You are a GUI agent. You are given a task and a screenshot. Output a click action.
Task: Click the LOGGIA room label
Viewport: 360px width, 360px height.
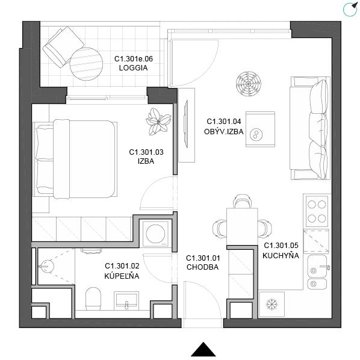pos(133,68)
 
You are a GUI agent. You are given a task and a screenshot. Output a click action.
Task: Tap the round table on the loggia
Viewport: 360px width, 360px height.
pos(86,64)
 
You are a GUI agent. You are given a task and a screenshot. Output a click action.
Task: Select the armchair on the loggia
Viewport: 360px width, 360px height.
pos(63,47)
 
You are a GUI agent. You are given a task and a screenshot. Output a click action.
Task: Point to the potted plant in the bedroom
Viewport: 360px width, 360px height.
pos(158,122)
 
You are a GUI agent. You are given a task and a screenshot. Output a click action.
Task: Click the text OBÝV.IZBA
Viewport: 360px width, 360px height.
pos(223,132)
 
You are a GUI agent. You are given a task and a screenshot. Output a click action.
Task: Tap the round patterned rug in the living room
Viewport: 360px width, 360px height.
pos(249,84)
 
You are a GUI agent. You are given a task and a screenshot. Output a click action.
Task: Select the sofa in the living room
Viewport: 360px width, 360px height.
pos(310,128)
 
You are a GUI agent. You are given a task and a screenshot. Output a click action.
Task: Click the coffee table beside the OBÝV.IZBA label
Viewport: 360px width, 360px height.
pos(260,129)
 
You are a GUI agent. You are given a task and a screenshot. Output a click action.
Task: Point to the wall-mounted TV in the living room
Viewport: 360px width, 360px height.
pos(186,124)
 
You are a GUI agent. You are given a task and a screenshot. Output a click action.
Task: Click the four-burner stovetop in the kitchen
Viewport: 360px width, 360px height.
pos(317,211)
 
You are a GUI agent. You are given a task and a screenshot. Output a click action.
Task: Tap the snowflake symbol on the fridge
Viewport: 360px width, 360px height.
pos(272,305)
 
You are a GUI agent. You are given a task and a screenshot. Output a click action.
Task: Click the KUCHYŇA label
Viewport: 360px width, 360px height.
pos(281,255)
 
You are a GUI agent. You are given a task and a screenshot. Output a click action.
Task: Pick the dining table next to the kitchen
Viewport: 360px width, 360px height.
pos(242,226)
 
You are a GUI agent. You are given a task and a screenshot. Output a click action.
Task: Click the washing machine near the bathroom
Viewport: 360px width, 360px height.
pos(155,234)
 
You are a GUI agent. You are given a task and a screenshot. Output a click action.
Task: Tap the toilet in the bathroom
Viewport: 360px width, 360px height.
pos(93,299)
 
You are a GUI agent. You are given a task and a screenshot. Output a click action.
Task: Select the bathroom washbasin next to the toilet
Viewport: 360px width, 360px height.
pos(126,300)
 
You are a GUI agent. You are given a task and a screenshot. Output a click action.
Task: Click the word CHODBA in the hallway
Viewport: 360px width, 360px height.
pos(202,267)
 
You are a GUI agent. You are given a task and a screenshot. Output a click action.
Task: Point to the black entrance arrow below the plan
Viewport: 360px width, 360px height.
pos(203,350)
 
